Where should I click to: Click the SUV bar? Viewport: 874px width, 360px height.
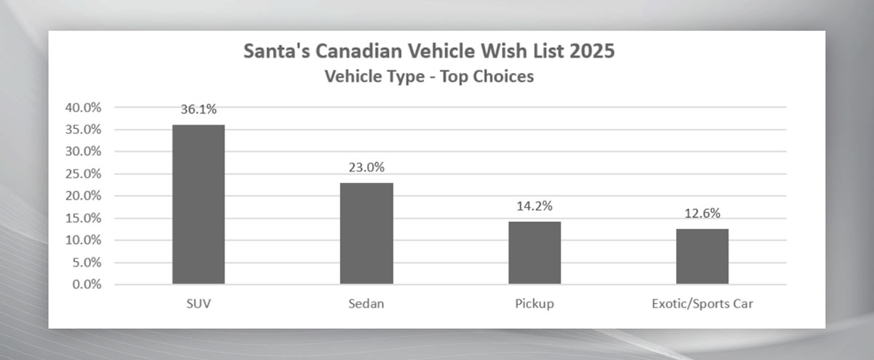(x=198, y=204)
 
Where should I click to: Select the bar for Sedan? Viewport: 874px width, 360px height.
(x=366, y=233)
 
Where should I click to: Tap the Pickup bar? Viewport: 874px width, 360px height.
(x=535, y=252)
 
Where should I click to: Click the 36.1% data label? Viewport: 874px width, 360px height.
(x=199, y=109)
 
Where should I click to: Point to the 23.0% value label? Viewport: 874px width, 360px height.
(x=366, y=167)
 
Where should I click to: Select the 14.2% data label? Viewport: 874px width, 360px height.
(x=535, y=206)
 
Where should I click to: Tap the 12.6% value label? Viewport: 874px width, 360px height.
(x=702, y=214)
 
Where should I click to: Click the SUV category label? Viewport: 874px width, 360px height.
(x=198, y=303)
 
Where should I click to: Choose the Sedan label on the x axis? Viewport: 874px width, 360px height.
(x=366, y=303)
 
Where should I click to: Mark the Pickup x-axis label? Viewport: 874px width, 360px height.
(x=535, y=303)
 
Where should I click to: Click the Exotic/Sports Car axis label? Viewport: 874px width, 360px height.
(x=702, y=303)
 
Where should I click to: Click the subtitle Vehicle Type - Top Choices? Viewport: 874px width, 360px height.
(x=429, y=77)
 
